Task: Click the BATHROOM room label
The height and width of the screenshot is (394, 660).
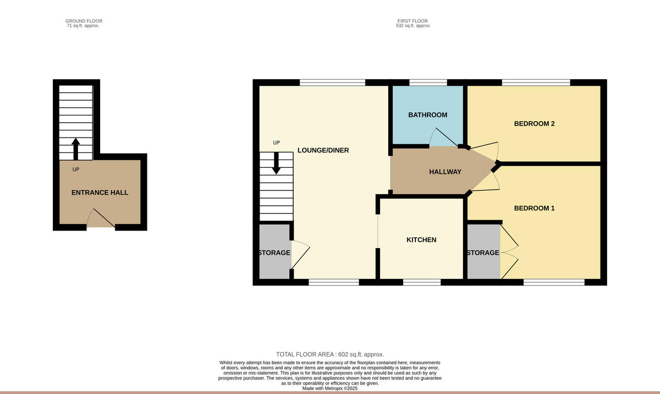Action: tap(427, 115)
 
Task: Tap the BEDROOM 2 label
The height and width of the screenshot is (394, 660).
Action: tap(534, 124)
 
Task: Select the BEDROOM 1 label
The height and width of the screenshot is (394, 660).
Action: tap(534, 208)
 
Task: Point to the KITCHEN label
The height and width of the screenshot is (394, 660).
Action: tap(421, 239)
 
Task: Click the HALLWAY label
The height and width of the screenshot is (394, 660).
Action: tap(445, 172)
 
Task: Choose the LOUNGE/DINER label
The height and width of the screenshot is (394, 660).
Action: tap(323, 150)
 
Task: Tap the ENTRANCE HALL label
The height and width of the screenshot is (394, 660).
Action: tap(100, 193)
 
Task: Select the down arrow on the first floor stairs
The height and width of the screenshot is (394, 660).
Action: tap(276, 162)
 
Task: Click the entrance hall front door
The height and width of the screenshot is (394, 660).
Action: tap(101, 220)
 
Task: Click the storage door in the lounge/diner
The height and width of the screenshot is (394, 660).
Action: tap(300, 255)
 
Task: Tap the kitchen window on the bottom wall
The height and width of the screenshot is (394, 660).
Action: tap(422, 283)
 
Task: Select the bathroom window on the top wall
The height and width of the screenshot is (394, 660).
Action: tap(428, 83)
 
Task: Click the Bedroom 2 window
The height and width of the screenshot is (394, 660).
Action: tap(536, 83)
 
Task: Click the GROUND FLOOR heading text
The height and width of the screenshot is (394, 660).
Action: tap(84, 21)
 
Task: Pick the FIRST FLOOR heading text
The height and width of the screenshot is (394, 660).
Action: tap(413, 21)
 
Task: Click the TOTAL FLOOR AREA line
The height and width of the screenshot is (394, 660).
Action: tap(330, 354)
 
